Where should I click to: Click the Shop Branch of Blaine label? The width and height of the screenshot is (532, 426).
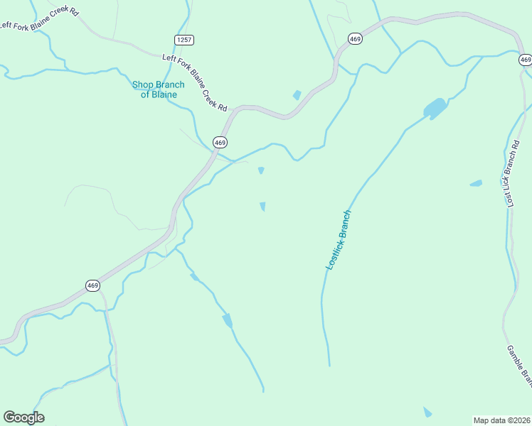tap(158, 89)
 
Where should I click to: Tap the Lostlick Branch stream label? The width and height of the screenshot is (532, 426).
tap(339, 239)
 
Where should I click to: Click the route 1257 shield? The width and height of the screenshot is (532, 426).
tap(183, 40)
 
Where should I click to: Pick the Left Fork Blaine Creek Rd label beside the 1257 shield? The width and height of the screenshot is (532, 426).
tap(194, 83)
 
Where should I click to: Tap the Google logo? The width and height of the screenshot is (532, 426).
tap(23, 417)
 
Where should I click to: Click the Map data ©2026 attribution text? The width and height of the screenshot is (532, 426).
tap(501, 420)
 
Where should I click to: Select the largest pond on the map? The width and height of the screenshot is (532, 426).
tap(435, 108)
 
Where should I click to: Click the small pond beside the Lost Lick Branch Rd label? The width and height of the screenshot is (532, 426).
tap(476, 183)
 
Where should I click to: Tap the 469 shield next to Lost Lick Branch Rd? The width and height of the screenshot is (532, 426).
tap(525, 60)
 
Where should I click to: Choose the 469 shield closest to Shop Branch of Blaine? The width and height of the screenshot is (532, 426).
tap(220, 143)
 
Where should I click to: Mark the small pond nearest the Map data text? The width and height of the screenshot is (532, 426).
tap(427, 413)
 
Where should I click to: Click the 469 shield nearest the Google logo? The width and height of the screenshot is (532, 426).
tap(92, 285)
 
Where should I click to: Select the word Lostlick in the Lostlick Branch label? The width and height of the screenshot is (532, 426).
tap(334, 251)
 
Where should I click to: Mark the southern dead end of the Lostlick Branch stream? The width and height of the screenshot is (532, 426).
tap(329, 366)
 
